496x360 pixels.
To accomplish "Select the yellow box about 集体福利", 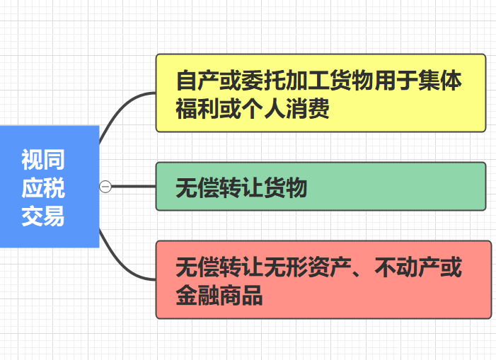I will pos(321,93).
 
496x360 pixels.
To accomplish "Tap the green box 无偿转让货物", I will pos(321,187).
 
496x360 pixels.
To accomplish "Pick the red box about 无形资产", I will pos(323,279).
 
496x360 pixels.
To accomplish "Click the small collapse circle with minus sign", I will pos(105,187).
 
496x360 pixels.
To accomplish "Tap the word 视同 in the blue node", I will pos(42,161).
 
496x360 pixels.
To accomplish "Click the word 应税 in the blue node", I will pos(42,187).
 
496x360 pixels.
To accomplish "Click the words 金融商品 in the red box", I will pos(219,294).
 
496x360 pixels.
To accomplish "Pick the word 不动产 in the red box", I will pos(417,267).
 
